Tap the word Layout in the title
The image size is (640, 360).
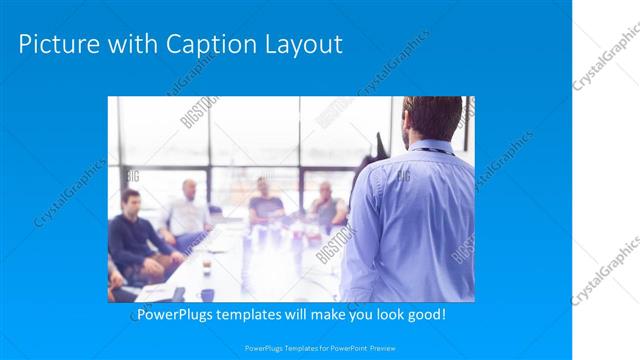pos(305,45)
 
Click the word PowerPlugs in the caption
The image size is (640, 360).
pos(172,315)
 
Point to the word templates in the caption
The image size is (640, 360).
pos(259,315)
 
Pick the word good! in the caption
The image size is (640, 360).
pos(424,315)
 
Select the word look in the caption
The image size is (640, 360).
pos(380,315)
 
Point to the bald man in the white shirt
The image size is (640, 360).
pos(187,210)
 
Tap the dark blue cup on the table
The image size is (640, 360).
pos(207,294)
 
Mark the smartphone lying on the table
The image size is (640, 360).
pos(178,293)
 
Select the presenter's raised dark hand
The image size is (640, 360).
pos(379,145)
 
